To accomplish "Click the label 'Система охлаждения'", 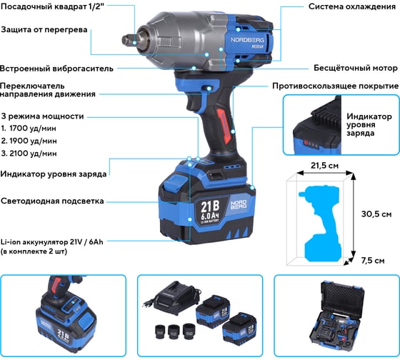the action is [352, 6].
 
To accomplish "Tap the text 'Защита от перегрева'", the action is [44, 29].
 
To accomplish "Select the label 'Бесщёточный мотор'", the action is [356, 68].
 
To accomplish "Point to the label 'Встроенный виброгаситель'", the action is [56, 69].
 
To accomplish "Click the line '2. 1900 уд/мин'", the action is [29, 141].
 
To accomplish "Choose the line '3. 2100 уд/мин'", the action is [29, 154].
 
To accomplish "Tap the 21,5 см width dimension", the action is [325, 166].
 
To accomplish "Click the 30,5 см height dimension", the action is [376, 214].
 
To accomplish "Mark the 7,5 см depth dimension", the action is [373, 261].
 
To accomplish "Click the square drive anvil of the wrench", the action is [129, 40].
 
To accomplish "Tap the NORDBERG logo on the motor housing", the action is [247, 40].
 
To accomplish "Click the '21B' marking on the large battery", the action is [210, 206].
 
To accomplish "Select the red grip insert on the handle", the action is [224, 125].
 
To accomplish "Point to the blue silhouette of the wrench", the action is [321, 224].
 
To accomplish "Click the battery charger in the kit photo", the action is [175, 296].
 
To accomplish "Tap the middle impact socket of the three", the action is [174, 331].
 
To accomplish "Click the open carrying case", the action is [337, 316].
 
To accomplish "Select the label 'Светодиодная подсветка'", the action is [52, 201].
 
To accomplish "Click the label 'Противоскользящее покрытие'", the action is [336, 86].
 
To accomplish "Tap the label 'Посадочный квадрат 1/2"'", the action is [53, 6].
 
